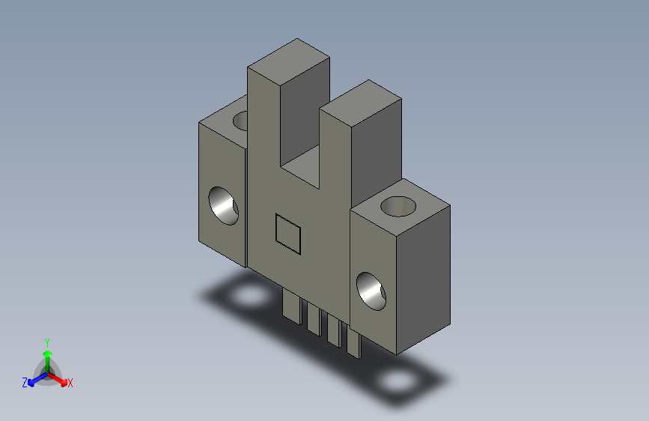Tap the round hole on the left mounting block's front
click(224, 206)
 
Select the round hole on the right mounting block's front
click(371, 291)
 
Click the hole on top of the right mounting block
click(398, 206)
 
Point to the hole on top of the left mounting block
click(241, 121)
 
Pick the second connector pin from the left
click(314, 318)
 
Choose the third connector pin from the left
click(335, 330)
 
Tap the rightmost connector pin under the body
click(354, 342)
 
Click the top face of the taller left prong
click(288, 61)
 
